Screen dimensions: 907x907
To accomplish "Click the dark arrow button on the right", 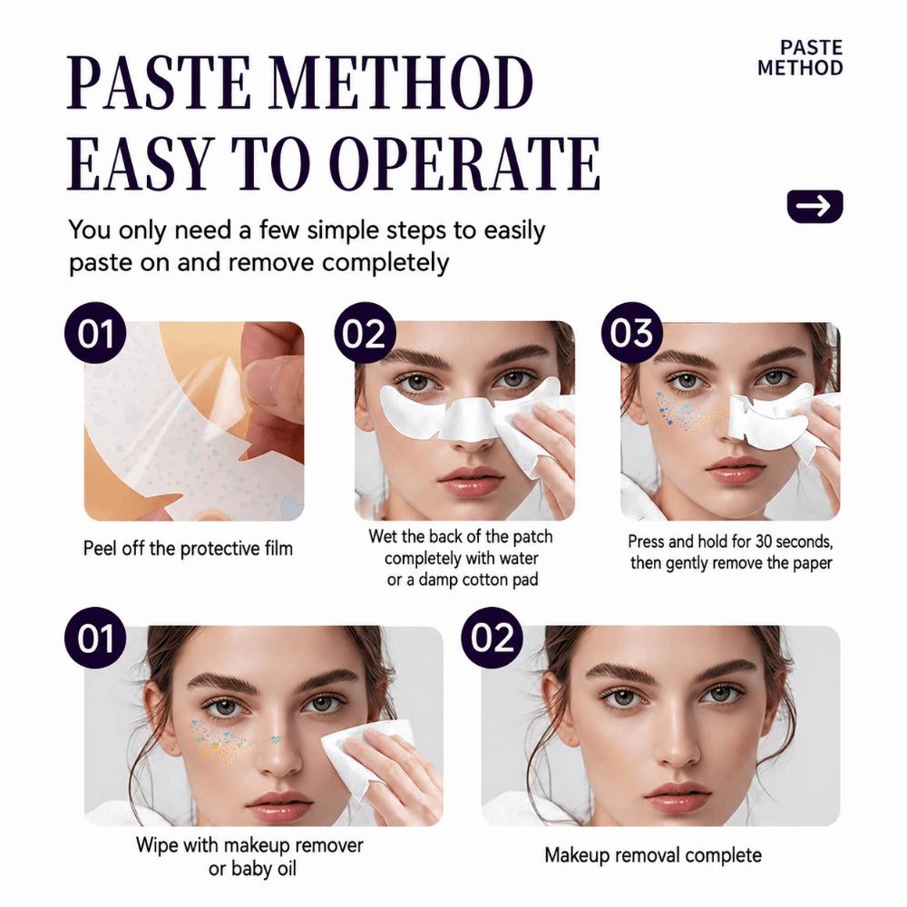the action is [815, 205].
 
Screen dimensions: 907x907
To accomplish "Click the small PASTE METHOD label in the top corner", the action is [800, 58].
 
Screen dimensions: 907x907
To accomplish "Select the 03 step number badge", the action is [631, 333].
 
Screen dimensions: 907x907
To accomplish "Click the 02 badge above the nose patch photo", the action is [364, 333].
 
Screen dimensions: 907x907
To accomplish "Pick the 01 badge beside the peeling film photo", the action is [95, 333].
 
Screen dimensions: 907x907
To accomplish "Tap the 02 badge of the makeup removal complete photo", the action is [492, 638].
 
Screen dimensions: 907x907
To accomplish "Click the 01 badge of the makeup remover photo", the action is [95, 638].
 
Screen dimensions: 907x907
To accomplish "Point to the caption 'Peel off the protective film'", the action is [188, 549].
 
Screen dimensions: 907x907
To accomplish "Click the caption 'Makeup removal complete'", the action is [653, 855].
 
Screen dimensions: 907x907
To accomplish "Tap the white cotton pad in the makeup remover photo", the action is [357, 755].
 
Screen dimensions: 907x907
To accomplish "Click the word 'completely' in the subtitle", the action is [385, 263].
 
